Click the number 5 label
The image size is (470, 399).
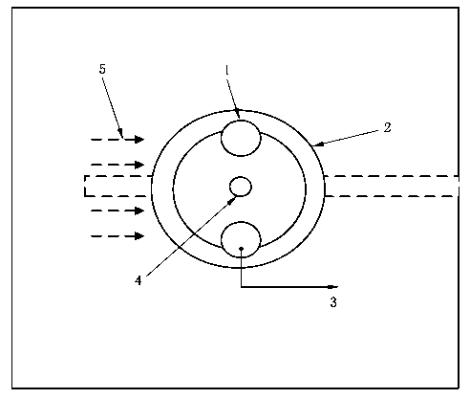point(102,69)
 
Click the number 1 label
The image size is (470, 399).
point(227,70)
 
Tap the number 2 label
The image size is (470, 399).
point(387,127)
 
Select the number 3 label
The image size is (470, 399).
point(333,301)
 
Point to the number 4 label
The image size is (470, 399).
point(138,280)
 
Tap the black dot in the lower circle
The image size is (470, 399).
point(241,249)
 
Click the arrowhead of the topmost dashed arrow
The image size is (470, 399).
point(139,140)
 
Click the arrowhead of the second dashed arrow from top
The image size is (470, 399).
point(139,165)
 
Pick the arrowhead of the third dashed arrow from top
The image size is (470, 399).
point(139,211)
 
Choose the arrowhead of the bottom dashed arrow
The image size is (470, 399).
point(139,236)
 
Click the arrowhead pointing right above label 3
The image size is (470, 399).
point(333,287)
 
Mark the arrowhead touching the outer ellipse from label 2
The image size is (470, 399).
point(318,144)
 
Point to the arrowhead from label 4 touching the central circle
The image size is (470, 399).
point(232,200)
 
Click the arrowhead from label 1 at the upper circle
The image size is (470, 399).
point(238,114)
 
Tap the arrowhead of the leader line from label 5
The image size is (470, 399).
point(120,133)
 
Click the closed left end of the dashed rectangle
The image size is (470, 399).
point(85,186)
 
